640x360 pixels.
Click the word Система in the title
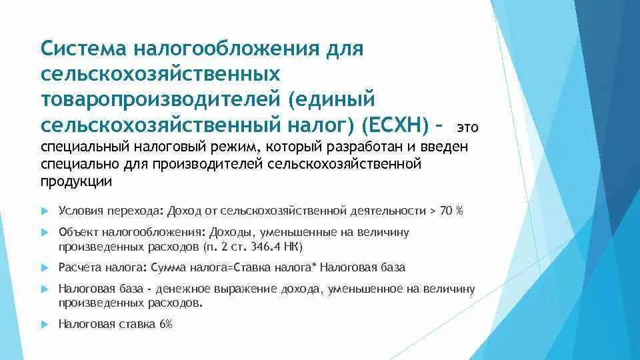point(85,49)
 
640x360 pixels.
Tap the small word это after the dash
point(468,126)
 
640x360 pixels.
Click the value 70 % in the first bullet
point(451,211)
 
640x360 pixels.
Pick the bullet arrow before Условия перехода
point(45,211)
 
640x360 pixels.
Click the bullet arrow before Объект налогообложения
point(45,232)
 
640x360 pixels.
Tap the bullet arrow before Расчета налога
point(45,267)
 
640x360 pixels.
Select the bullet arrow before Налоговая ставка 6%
point(45,324)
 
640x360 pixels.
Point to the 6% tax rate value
point(165,324)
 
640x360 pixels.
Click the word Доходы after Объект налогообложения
point(231,232)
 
